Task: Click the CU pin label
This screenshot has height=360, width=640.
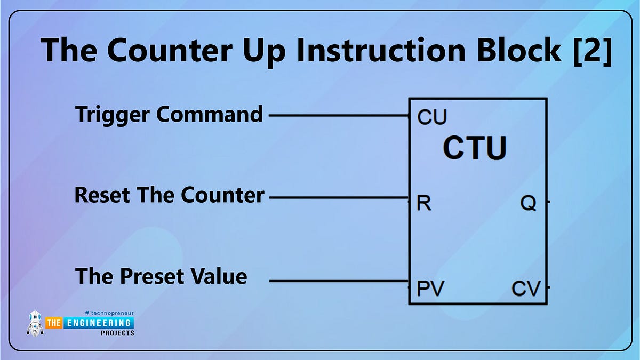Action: point(432,117)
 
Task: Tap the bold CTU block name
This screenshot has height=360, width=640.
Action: point(475,149)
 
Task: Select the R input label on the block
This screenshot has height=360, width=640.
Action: point(424,203)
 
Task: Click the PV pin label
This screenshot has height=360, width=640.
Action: point(430,289)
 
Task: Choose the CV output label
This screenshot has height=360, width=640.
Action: point(526,289)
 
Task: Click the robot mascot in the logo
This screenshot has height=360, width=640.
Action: point(35,324)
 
